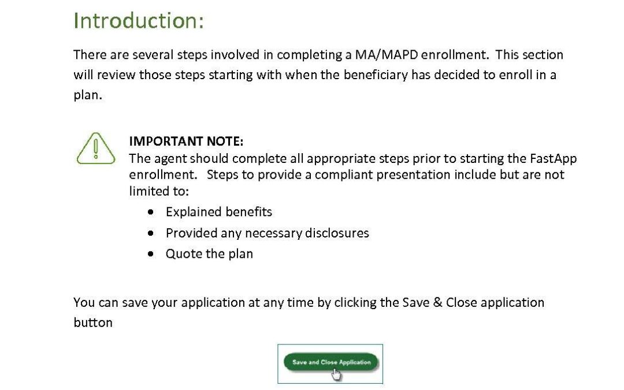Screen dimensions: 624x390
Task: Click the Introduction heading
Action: coord(139,21)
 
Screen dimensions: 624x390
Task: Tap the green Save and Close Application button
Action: coord(330,362)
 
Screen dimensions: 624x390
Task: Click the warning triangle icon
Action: coord(96,148)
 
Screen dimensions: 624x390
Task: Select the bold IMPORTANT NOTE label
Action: coord(186,142)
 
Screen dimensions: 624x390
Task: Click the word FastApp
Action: coord(553,159)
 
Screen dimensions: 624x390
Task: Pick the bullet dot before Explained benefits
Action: coord(150,212)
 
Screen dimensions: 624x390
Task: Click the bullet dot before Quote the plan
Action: coord(150,254)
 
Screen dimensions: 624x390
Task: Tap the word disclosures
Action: coord(337,233)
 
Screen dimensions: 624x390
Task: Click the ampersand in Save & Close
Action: coord(438,302)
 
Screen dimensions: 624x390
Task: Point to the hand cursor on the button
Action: coord(336,374)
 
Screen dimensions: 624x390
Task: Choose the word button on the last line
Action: coord(93,322)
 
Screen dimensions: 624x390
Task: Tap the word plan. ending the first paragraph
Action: coord(88,95)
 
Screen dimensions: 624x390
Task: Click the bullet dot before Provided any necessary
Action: coord(150,233)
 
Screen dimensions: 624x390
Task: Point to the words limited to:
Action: coord(159,191)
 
